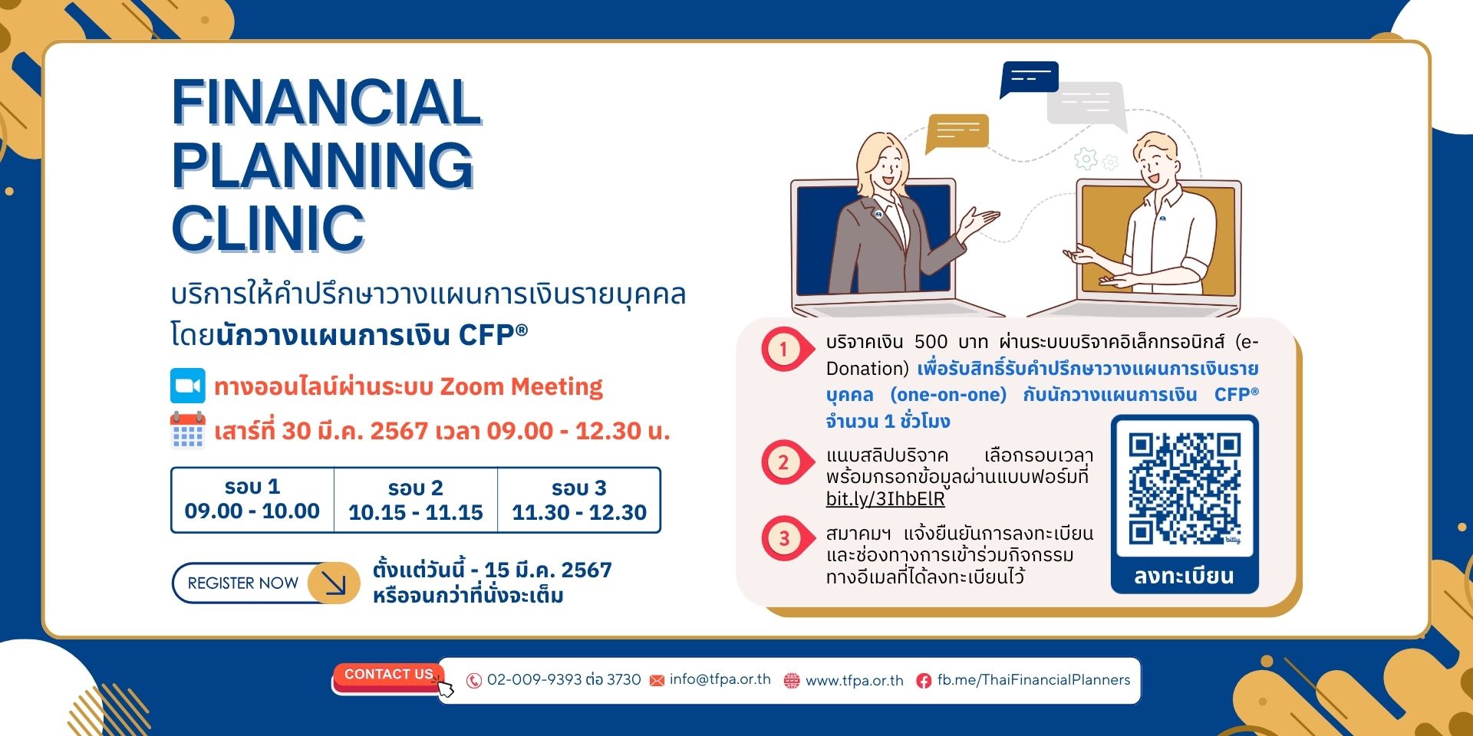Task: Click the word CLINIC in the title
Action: (268, 228)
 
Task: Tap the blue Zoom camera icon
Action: (188, 386)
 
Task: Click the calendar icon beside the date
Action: (188, 430)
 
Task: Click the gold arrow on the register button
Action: (334, 583)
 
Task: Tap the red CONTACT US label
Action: (389, 675)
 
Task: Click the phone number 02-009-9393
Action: (534, 680)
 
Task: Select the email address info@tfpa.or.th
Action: (720, 679)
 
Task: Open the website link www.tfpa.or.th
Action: (855, 681)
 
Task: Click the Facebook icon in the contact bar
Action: (924, 681)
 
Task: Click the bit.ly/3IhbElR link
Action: (885, 499)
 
